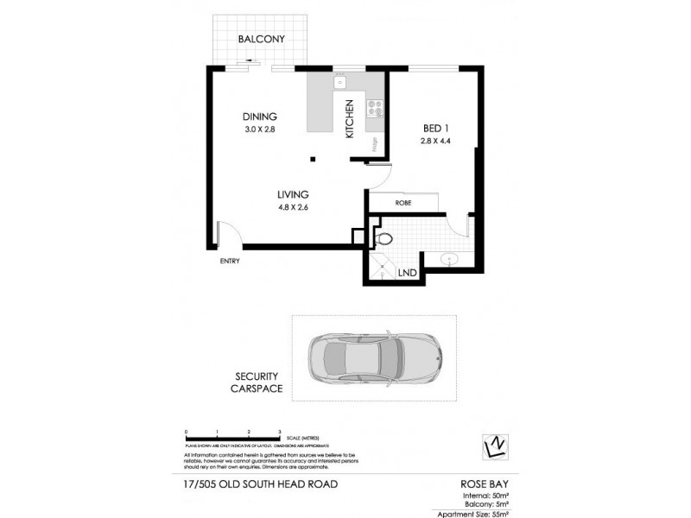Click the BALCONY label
tap(261, 39)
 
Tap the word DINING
tap(258, 117)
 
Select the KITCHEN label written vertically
tap(350, 119)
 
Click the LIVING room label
tap(293, 194)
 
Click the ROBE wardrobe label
tap(402, 203)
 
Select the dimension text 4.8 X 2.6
tap(293, 207)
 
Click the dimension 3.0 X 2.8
tap(258, 130)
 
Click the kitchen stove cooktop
tap(376, 108)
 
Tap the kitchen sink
tap(340, 82)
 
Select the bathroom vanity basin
tap(451, 258)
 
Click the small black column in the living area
tap(314, 158)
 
